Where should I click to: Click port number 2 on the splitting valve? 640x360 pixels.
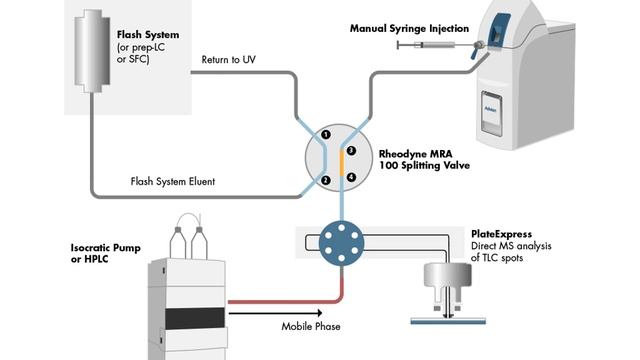pyautogui.click(x=325, y=180)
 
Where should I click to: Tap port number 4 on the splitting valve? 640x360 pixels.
pyautogui.click(x=351, y=177)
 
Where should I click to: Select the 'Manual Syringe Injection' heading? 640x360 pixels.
pyautogui.click(x=409, y=28)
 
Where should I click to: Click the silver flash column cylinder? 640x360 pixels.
pyautogui.click(x=90, y=50)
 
